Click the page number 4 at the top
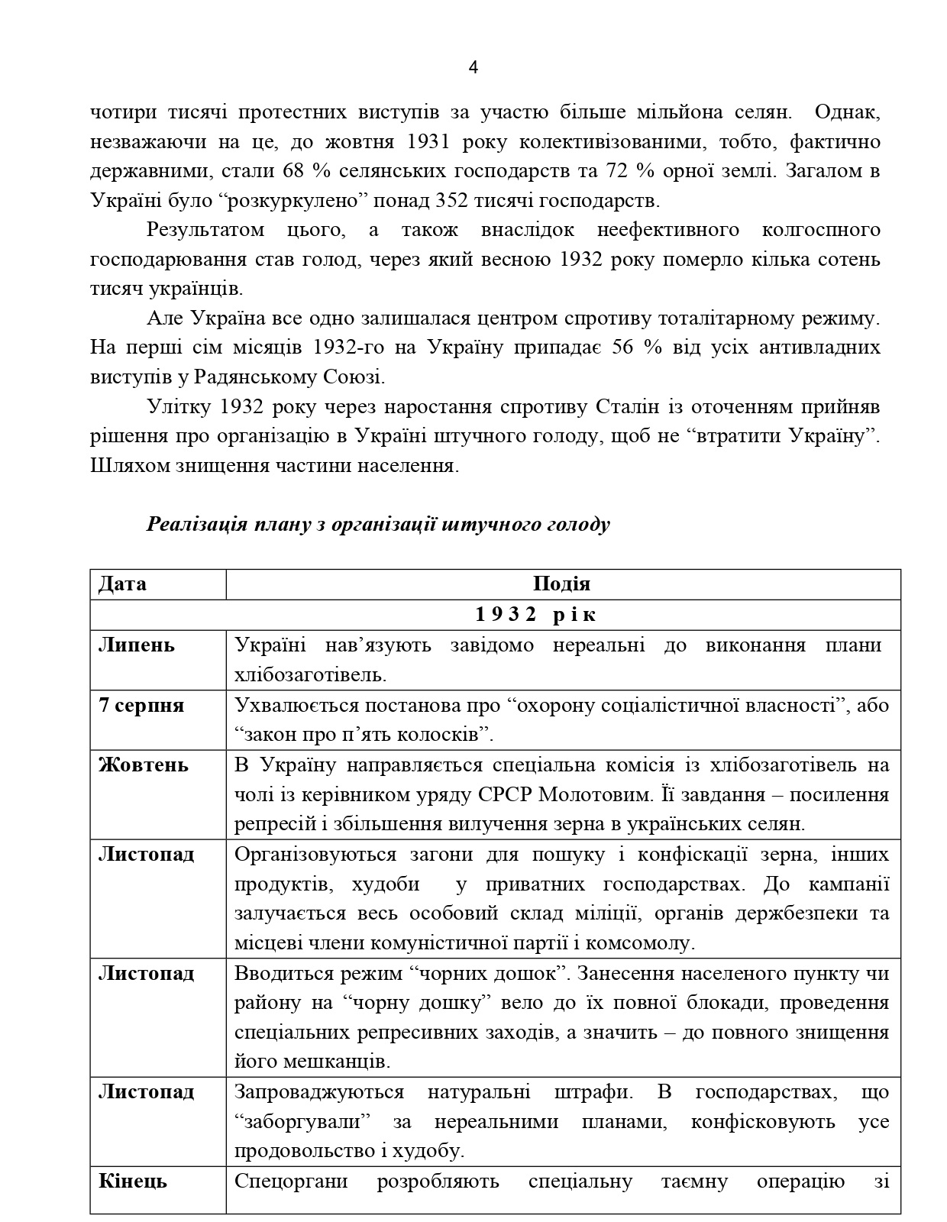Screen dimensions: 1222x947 tap(473, 67)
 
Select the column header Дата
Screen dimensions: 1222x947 tap(122, 584)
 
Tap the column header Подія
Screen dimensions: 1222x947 tap(562, 584)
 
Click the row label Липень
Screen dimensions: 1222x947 tap(137, 645)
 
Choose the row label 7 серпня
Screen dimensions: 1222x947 tap(141, 705)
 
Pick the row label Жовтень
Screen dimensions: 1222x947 tap(144, 765)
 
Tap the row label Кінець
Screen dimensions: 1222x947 tap(132, 1182)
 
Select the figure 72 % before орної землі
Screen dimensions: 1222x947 tap(617, 170)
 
